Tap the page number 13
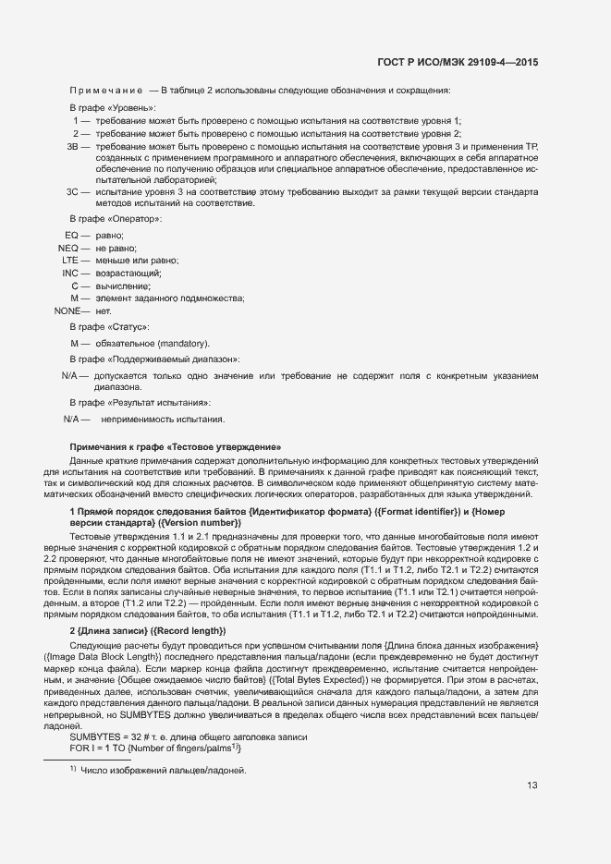532,785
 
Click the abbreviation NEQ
67,249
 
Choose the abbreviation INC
70,273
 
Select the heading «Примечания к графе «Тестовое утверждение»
176,446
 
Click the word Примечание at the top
105,91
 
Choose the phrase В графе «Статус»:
109,327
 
